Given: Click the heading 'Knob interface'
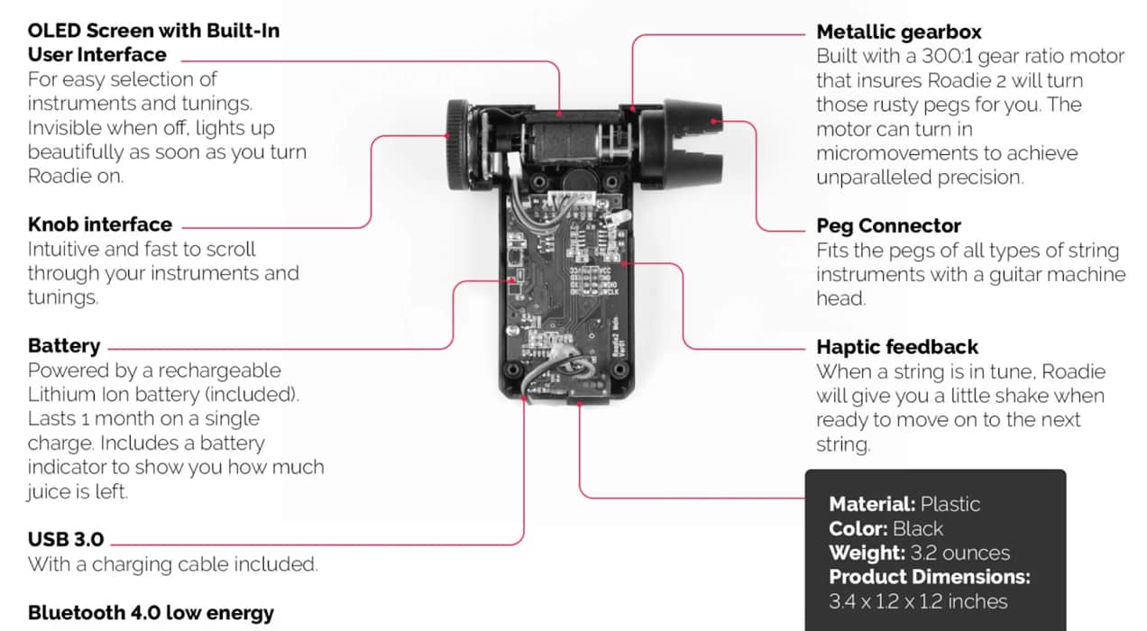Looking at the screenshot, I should coord(99,224).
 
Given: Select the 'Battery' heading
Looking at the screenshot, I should coord(64,346).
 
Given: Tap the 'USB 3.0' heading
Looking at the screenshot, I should coord(66,540).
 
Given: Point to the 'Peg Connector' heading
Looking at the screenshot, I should coord(888,225).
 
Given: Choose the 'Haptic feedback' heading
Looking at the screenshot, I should coord(897,347).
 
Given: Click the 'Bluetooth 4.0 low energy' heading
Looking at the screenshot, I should coord(151,613).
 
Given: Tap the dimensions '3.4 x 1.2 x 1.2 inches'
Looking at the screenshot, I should coord(918,601).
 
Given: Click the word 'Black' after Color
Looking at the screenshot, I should coord(918,528).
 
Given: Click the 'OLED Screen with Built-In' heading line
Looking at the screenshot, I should coord(153,31).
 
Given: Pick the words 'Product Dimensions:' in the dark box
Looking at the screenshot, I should coord(929,577).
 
